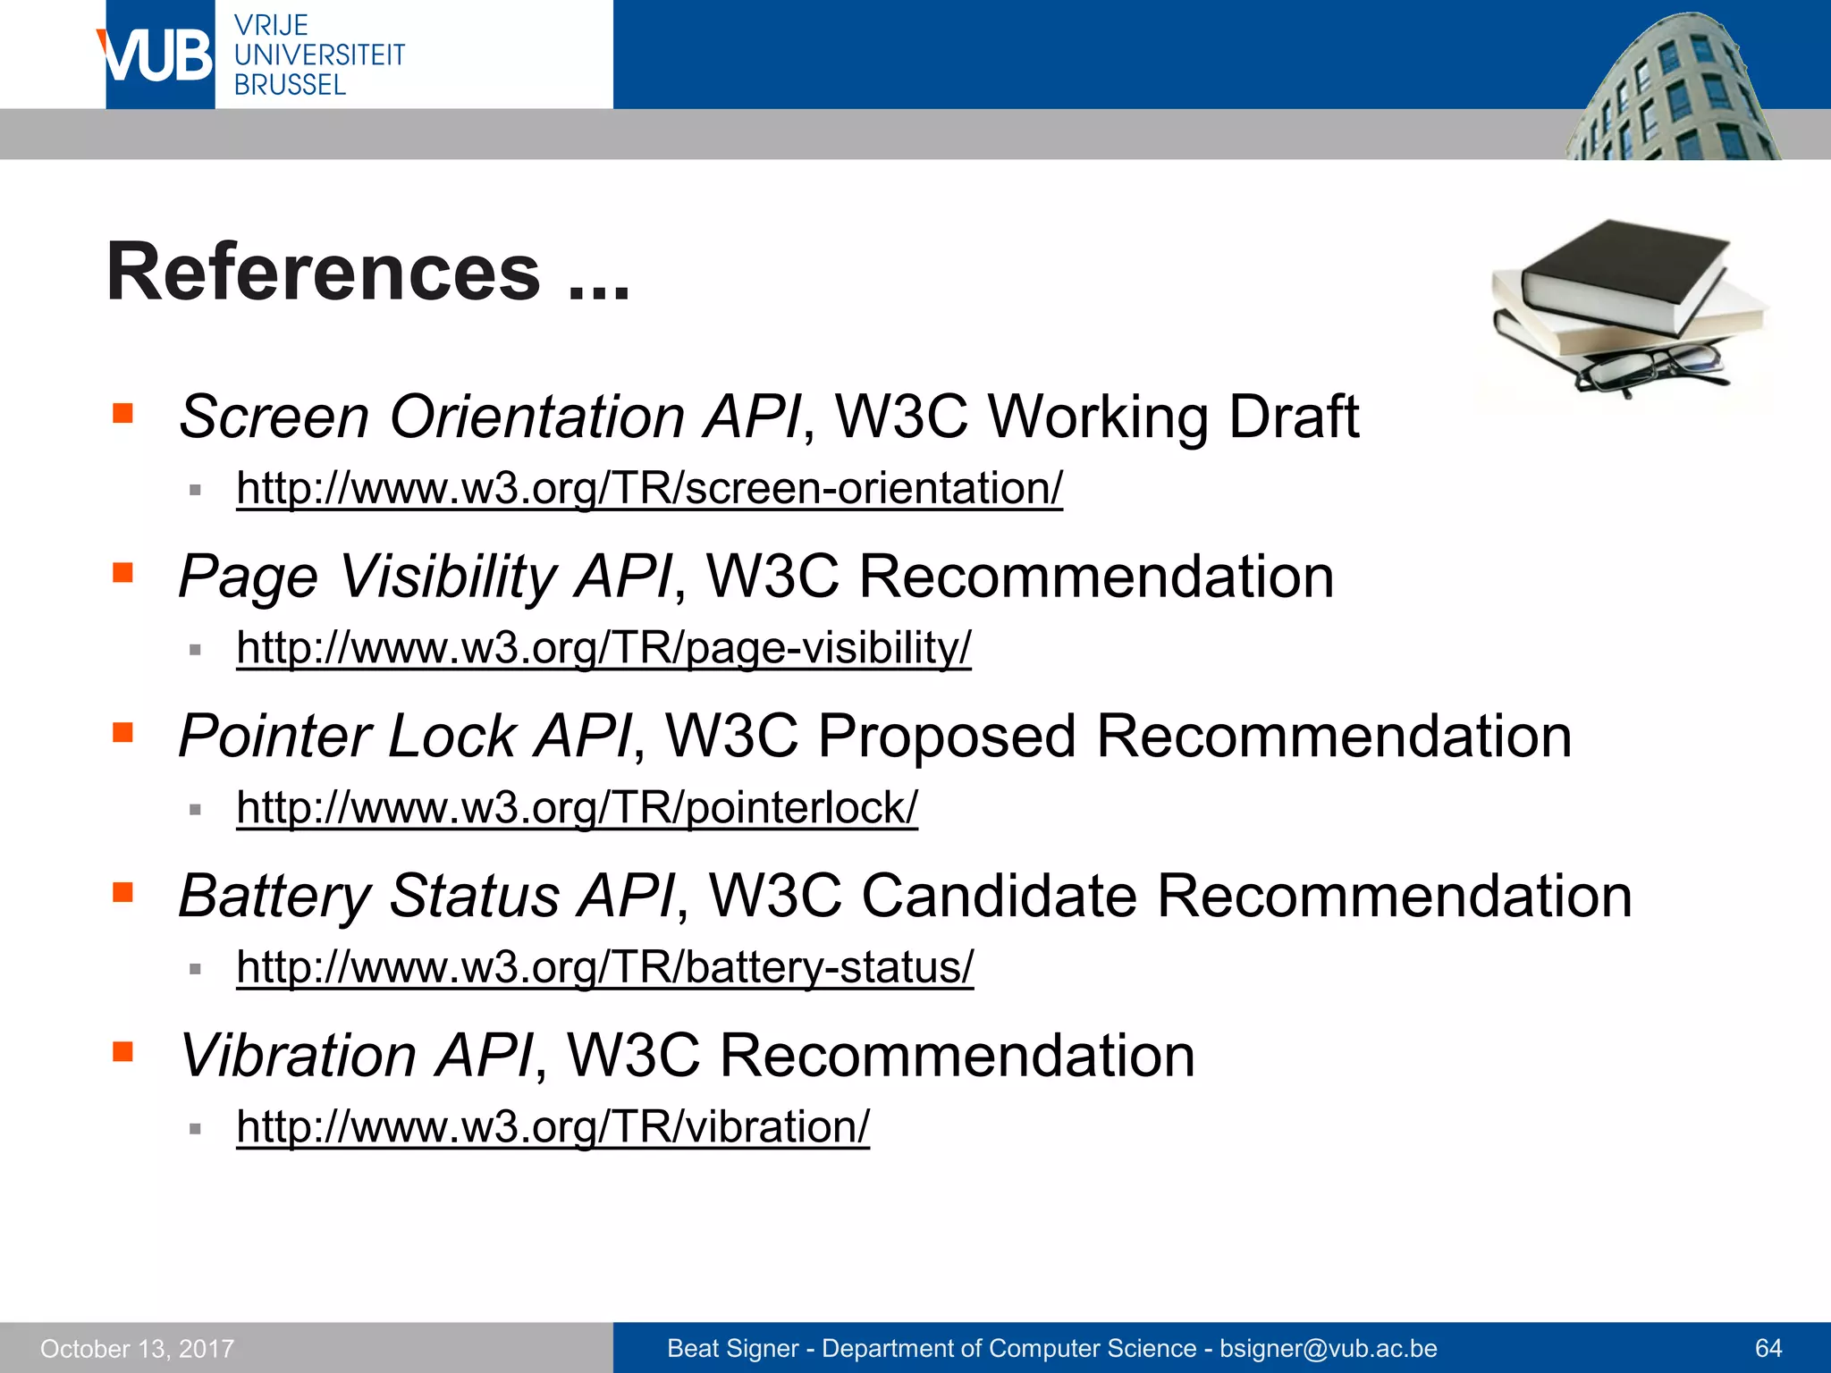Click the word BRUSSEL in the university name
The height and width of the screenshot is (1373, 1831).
(x=290, y=85)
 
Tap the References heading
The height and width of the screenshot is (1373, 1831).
(x=367, y=272)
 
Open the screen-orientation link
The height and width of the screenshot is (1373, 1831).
(x=649, y=488)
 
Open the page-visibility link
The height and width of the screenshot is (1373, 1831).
(x=603, y=647)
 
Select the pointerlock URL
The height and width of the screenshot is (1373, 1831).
(x=577, y=807)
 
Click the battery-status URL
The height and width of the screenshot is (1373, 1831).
(x=604, y=966)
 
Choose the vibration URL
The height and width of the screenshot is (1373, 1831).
(x=553, y=1126)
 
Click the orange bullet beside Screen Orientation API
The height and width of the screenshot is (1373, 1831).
(x=122, y=413)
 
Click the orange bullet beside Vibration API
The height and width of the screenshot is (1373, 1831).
(x=122, y=1051)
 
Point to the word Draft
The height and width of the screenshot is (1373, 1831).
(x=1293, y=417)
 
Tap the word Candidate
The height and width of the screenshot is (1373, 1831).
(x=999, y=896)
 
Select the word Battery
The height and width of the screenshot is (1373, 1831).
(x=274, y=896)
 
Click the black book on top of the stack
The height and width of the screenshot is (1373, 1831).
(x=1623, y=268)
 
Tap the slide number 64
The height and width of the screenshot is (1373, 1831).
(x=1768, y=1348)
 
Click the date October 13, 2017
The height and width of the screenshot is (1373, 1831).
(x=137, y=1349)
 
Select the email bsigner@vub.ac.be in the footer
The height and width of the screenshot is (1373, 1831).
(x=1328, y=1348)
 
